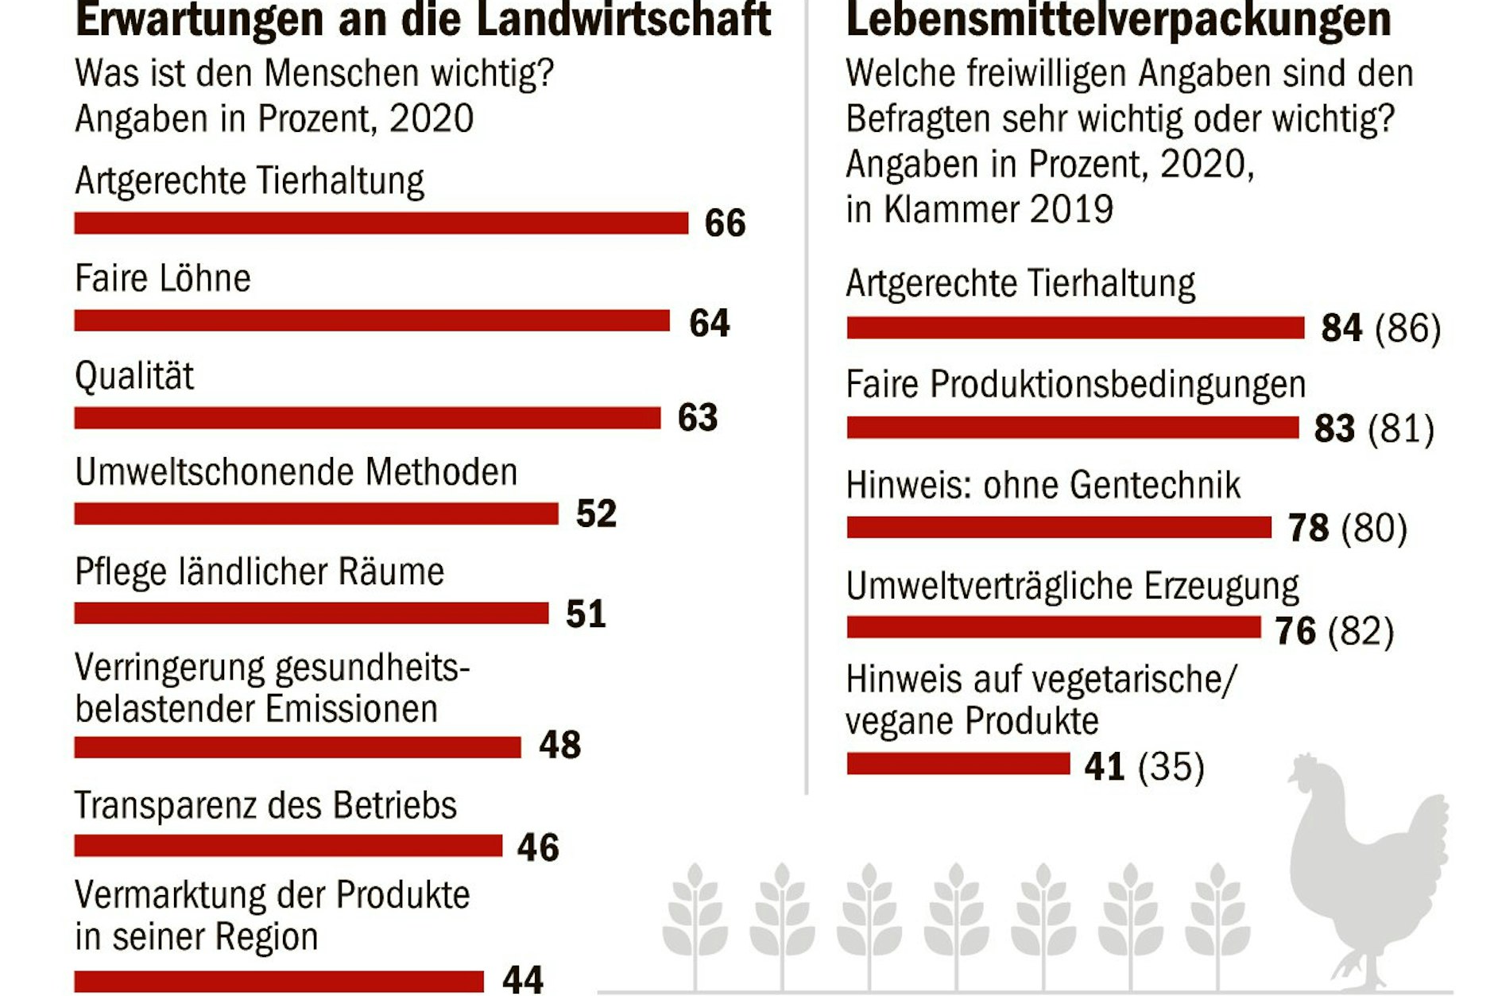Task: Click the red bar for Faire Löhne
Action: click(x=372, y=320)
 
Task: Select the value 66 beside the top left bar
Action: click(x=725, y=223)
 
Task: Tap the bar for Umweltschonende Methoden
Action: click(x=316, y=514)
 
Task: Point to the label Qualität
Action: click(x=134, y=376)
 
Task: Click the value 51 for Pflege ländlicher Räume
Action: click(x=586, y=614)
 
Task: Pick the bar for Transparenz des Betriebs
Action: click(x=288, y=846)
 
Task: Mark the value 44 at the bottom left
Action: click(x=523, y=979)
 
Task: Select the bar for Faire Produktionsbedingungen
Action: click(x=1072, y=428)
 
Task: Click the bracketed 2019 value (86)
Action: click(x=1407, y=328)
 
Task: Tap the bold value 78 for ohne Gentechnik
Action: click(x=1308, y=529)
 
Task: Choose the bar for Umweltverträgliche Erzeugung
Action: click(x=1054, y=628)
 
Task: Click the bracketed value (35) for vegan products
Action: click(x=1171, y=767)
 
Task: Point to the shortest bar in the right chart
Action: click(x=958, y=764)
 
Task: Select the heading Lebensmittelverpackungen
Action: click(x=1118, y=19)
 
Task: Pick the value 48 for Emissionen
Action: click(x=560, y=746)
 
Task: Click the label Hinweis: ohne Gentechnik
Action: click(x=1043, y=485)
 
